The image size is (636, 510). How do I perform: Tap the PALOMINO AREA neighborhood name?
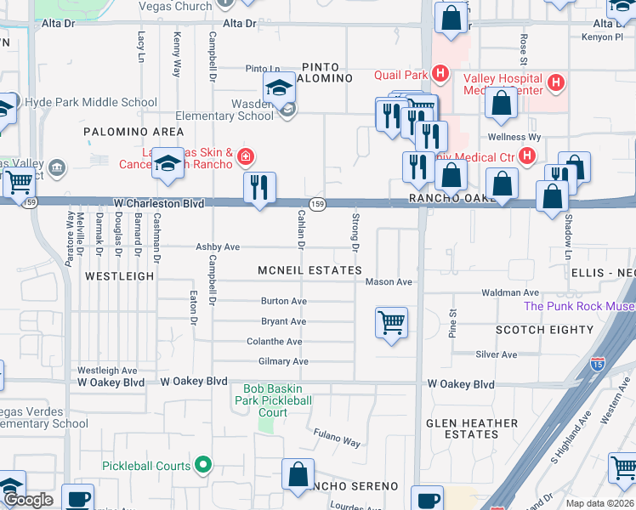click(133, 132)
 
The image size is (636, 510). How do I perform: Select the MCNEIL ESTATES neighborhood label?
click(310, 270)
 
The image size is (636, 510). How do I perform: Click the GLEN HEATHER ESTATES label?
click(472, 428)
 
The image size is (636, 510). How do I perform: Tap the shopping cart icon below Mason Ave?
click(391, 323)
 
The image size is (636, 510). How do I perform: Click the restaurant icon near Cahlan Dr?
click(259, 187)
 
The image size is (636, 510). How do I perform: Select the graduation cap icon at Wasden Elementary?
click(279, 88)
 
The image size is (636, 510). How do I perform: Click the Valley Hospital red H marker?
click(556, 82)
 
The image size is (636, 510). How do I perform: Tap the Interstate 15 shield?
click(597, 366)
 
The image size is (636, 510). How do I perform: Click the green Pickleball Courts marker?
click(202, 465)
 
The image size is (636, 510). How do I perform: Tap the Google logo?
click(28, 500)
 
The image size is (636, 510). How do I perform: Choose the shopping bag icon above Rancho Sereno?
click(298, 476)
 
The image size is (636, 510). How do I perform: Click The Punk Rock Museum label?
click(578, 306)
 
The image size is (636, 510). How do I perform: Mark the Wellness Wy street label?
click(514, 137)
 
